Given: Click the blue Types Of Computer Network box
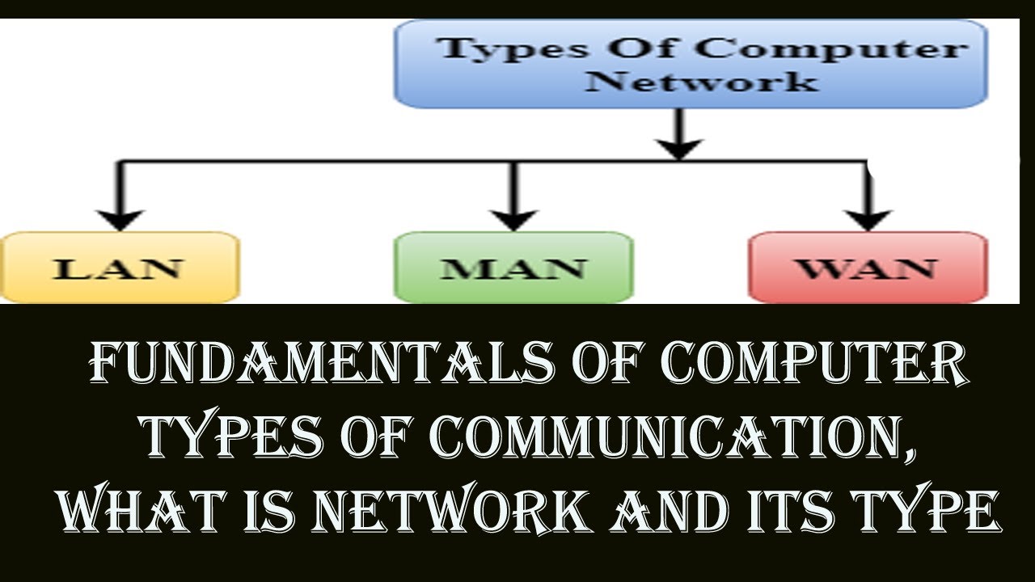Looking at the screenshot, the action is [x=691, y=63].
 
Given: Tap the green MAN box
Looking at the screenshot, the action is [x=513, y=268].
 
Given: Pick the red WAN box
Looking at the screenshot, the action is [x=868, y=268].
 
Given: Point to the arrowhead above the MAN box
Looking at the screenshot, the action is [x=513, y=217].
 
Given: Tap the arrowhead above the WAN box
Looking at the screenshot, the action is [x=868, y=217].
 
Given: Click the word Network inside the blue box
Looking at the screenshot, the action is [x=702, y=81].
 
